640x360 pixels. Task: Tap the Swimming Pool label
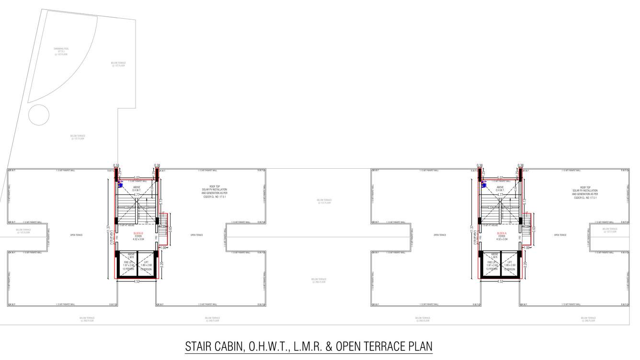point(61,51)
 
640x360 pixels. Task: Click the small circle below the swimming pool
point(39,115)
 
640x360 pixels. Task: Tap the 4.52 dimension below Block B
point(137,282)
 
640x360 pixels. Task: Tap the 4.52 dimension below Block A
point(500,282)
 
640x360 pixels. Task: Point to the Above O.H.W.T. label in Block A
point(500,189)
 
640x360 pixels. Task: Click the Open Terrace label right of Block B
point(196,235)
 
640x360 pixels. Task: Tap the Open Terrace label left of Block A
point(440,235)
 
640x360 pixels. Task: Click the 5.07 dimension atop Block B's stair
point(137,177)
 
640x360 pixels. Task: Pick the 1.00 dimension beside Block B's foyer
point(163,248)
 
